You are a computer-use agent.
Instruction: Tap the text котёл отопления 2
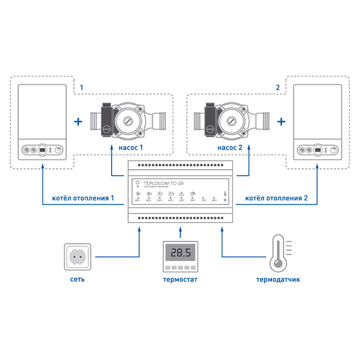click(x=276, y=198)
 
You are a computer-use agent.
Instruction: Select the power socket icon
click(x=79, y=257)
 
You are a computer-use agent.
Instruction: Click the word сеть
click(x=78, y=279)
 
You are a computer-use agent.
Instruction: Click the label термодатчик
click(x=278, y=279)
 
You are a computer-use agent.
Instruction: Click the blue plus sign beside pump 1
click(x=78, y=122)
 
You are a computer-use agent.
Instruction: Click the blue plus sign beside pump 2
click(x=281, y=122)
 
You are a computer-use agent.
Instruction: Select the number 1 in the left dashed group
click(x=81, y=87)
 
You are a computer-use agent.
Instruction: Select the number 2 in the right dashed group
click(x=277, y=87)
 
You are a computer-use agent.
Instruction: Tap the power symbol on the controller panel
click(x=138, y=183)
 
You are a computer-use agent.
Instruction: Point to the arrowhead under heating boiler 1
click(x=42, y=166)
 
